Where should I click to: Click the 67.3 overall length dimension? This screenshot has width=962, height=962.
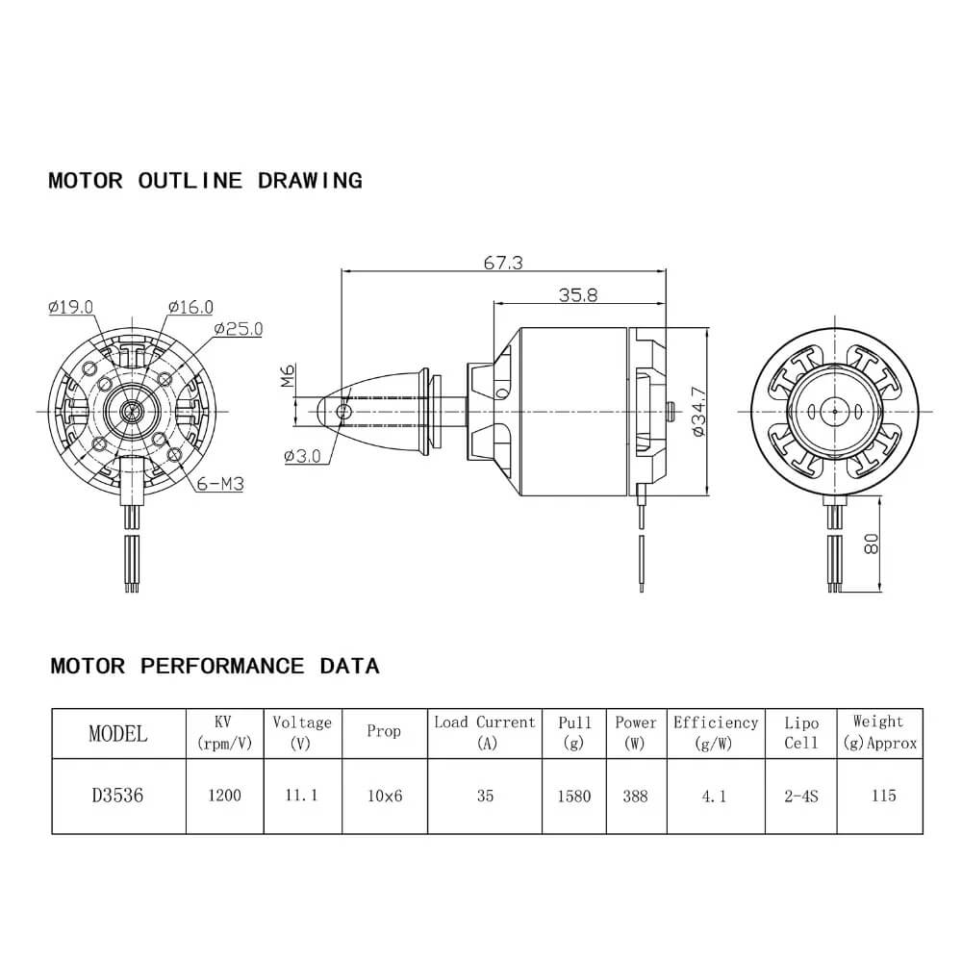pos(503,263)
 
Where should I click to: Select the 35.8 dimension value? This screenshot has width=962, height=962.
pos(577,295)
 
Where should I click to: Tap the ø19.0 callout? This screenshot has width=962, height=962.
pos(70,308)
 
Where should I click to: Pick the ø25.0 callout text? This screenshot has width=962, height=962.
pos(238,329)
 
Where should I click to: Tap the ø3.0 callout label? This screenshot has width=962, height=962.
pos(302,456)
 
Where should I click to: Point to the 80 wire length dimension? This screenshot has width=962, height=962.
pos(871,544)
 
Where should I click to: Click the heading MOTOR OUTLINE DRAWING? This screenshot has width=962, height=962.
pos(205,180)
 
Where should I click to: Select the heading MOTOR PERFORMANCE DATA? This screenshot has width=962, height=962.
pos(215,666)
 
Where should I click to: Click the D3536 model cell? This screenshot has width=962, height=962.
pos(118,796)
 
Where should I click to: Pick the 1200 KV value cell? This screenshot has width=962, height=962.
pos(224,796)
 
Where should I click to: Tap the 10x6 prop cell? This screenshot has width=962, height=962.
pos(384,796)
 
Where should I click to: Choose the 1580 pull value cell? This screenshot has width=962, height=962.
pos(574,796)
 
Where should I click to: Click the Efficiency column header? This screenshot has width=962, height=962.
pos(716,732)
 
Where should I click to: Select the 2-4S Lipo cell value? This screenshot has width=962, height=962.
pos(800,796)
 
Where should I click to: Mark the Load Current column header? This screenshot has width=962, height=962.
pos(485,732)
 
